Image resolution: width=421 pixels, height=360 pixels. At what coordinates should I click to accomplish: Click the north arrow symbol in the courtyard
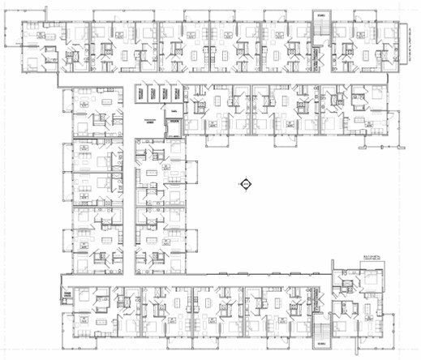tap(244, 184)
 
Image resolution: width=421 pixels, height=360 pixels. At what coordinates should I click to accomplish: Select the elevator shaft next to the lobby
tap(172, 126)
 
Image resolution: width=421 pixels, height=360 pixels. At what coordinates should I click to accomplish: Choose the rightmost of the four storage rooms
tap(176, 94)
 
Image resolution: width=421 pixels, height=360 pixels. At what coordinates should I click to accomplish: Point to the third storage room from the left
tap(164, 94)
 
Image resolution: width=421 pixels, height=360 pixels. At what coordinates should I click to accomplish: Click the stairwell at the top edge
tap(321, 29)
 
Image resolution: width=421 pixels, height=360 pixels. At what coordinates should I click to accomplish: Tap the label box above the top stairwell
tap(321, 15)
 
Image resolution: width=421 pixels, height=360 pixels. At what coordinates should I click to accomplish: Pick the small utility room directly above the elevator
tap(172, 114)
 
